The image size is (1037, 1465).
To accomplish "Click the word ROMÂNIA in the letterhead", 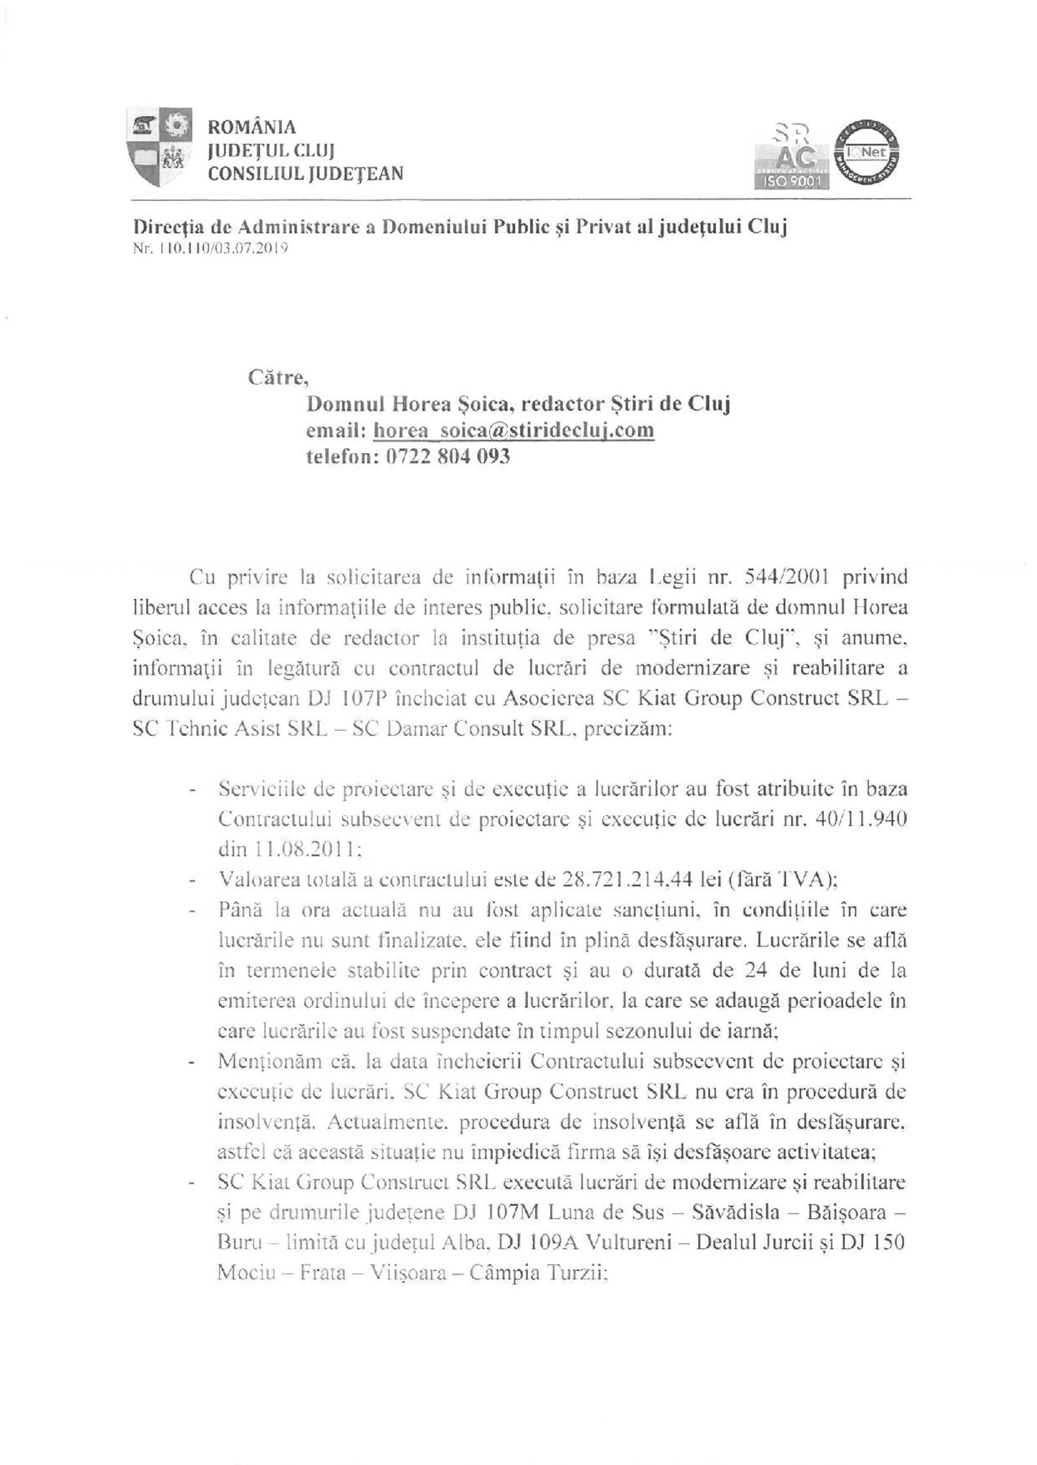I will point(252,127).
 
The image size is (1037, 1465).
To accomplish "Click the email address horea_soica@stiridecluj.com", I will point(513,430).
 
